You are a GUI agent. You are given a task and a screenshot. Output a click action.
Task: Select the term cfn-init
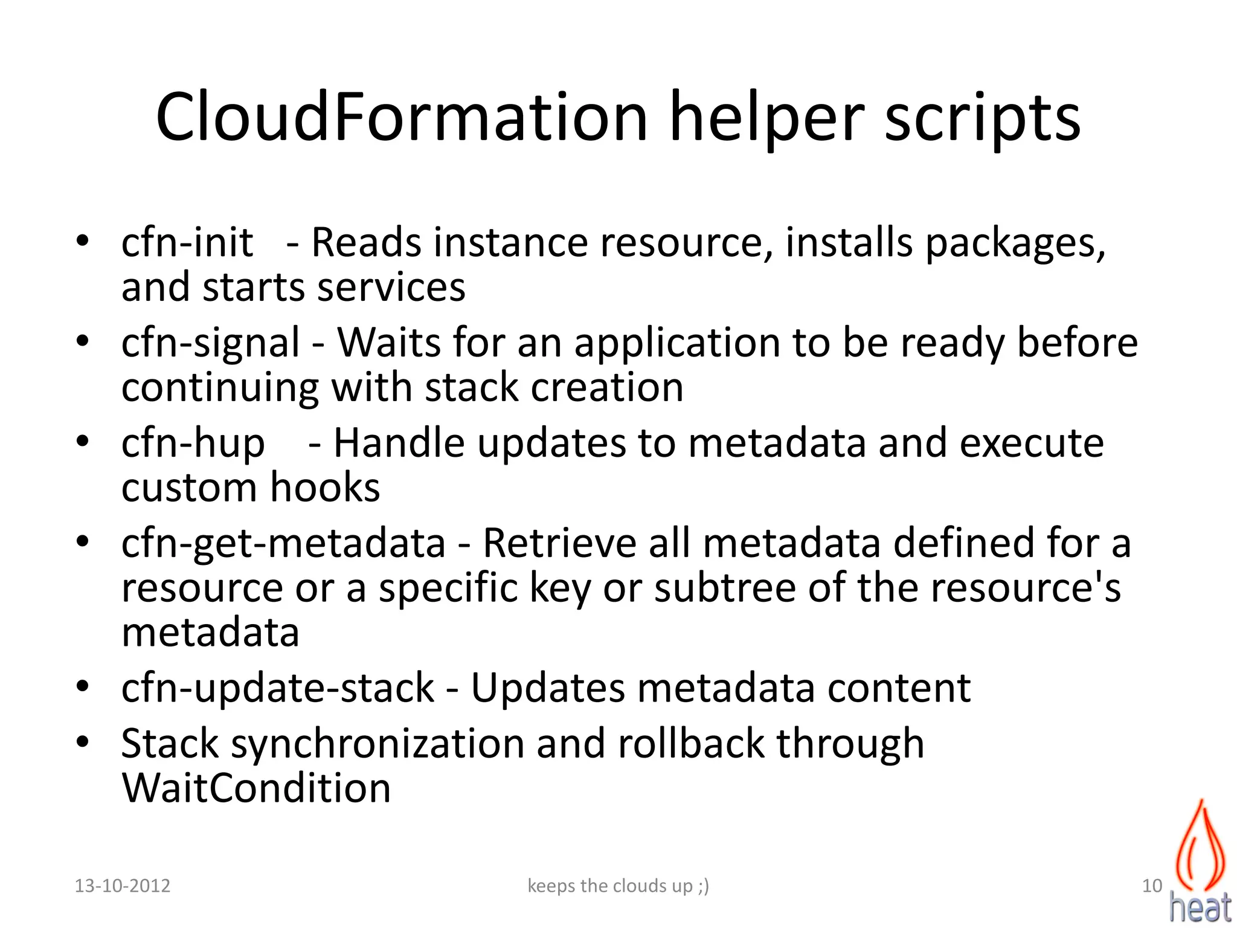pos(187,242)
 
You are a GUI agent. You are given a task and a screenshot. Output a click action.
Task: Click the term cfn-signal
pos(210,343)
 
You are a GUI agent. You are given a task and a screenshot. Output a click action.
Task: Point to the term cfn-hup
pos(193,443)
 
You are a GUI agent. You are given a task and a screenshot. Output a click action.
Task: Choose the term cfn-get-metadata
pos(283,543)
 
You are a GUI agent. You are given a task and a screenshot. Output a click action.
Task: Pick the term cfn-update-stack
pos(277,688)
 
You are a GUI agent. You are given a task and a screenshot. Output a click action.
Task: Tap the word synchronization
pos(378,744)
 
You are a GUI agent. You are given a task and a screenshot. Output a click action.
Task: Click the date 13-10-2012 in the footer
pos(122,886)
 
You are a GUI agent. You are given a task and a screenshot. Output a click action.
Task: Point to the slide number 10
pos(1152,886)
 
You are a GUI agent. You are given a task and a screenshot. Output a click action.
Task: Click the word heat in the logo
pos(1200,906)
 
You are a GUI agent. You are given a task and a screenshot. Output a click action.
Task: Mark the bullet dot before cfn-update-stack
pos(83,686)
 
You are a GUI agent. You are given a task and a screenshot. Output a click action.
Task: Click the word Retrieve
pos(559,543)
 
